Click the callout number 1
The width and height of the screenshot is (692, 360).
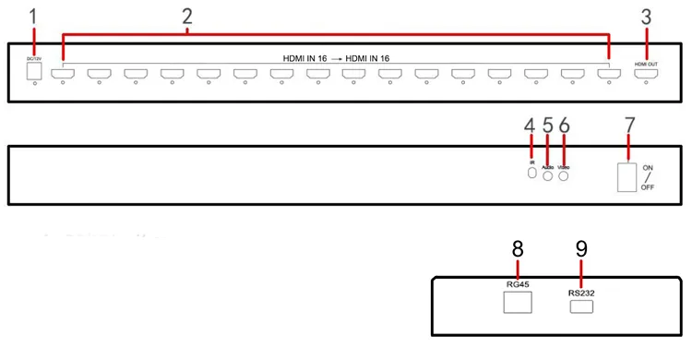click(x=35, y=17)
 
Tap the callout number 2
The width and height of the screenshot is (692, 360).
click(x=187, y=17)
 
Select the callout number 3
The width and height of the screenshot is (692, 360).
click(x=647, y=17)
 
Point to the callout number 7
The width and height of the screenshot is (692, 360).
click(x=629, y=124)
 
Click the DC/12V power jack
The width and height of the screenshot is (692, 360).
click(x=34, y=70)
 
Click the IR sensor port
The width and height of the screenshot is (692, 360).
click(x=531, y=174)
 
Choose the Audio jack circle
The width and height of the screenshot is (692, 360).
click(x=547, y=175)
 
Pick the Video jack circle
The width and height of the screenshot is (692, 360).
click(x=564, y=175)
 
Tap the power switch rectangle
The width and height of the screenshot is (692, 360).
click(x=627, y=177)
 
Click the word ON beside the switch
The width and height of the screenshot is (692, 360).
click(x=649, y=167)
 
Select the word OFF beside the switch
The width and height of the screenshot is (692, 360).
click(x=649, y=187)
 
